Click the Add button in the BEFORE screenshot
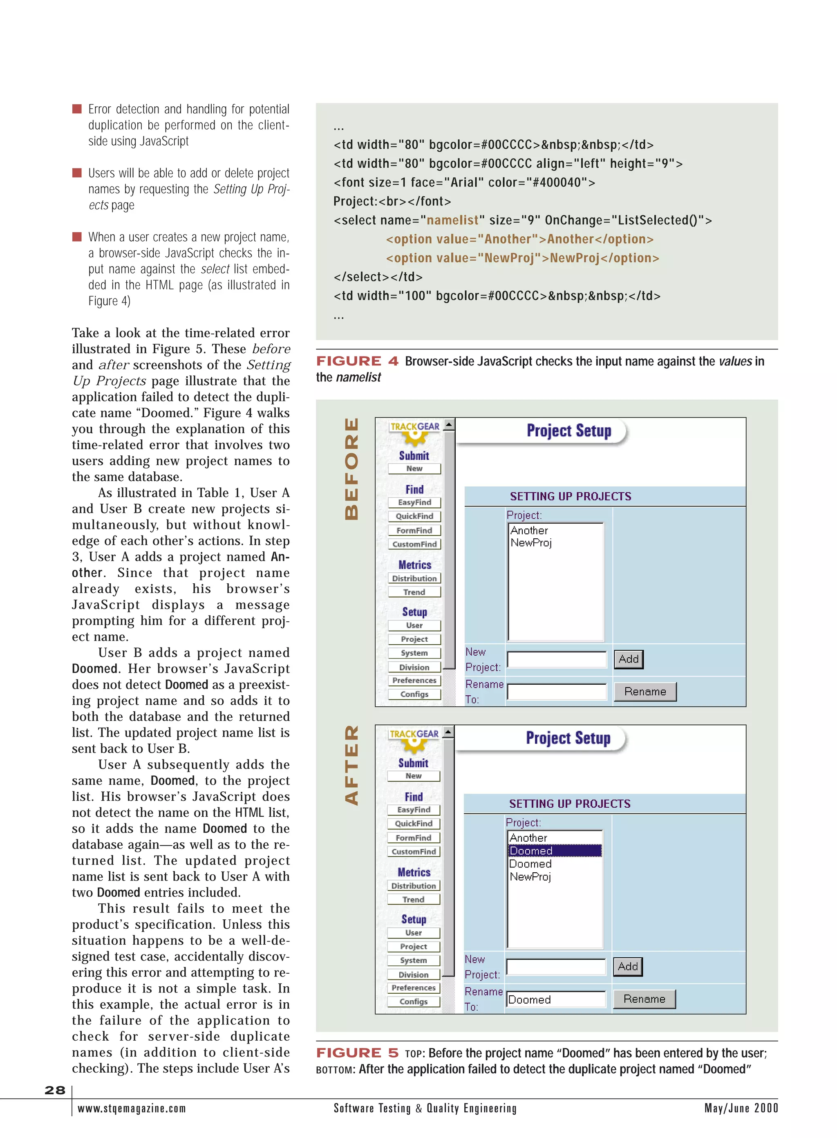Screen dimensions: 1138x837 point(628,659)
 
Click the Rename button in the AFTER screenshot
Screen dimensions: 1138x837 point(644,999)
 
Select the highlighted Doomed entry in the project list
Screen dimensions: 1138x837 point(555,851)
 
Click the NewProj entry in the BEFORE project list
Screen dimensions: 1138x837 point(530,543)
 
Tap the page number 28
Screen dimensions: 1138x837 point(55,1090)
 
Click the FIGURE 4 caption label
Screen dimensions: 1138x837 point(357,361)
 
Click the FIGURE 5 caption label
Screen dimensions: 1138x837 point(357,1053)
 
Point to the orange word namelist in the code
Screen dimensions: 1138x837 point(452,220)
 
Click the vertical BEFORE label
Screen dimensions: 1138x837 point(351,469)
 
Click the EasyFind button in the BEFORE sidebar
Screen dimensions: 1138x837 point(414,502)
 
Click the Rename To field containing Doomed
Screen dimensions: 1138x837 point(556,999)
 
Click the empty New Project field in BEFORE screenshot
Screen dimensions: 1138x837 point(556,659)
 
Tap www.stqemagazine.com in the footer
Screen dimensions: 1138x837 point(132,1108)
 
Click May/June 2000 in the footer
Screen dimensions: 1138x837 point(741,1108)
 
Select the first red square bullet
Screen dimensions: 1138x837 point(77,109)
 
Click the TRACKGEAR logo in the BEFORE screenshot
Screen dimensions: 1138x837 point(414,427)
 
